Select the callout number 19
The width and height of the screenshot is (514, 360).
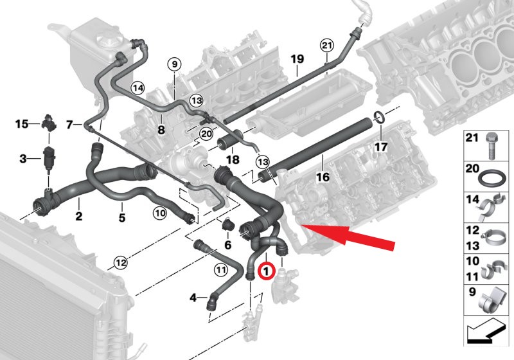[x=296, y=60]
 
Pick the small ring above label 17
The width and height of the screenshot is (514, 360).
[x=379, y=117]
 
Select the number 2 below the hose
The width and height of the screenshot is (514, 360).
[x=78, y=217]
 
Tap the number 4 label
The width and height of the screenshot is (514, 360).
[x=193, y=297]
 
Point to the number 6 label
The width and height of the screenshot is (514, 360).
[x=227, y=245]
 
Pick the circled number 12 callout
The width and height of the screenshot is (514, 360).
[x=120, y=262]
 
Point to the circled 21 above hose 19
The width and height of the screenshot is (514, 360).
[x=327, y=46]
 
